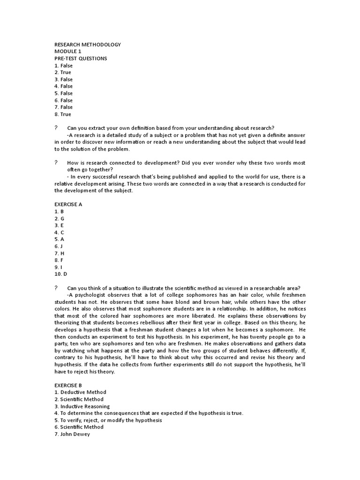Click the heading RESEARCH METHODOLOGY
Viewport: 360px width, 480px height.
click(87, 45)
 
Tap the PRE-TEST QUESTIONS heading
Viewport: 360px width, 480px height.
click(81, 59)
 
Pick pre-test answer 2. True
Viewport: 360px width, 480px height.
click(63, 73)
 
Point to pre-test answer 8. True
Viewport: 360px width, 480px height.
click(63, 114)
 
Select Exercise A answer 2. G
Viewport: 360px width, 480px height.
click(59, 218)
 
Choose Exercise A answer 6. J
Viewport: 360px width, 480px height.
click(59, 246)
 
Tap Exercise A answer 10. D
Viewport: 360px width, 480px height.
click(60, 274)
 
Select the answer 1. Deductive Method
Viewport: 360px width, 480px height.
click(80, 392)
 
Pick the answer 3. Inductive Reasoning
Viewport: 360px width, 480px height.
click(82, 406)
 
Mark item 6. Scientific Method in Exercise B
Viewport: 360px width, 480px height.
click(79, 427)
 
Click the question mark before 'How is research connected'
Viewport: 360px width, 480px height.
click(56, 163)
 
